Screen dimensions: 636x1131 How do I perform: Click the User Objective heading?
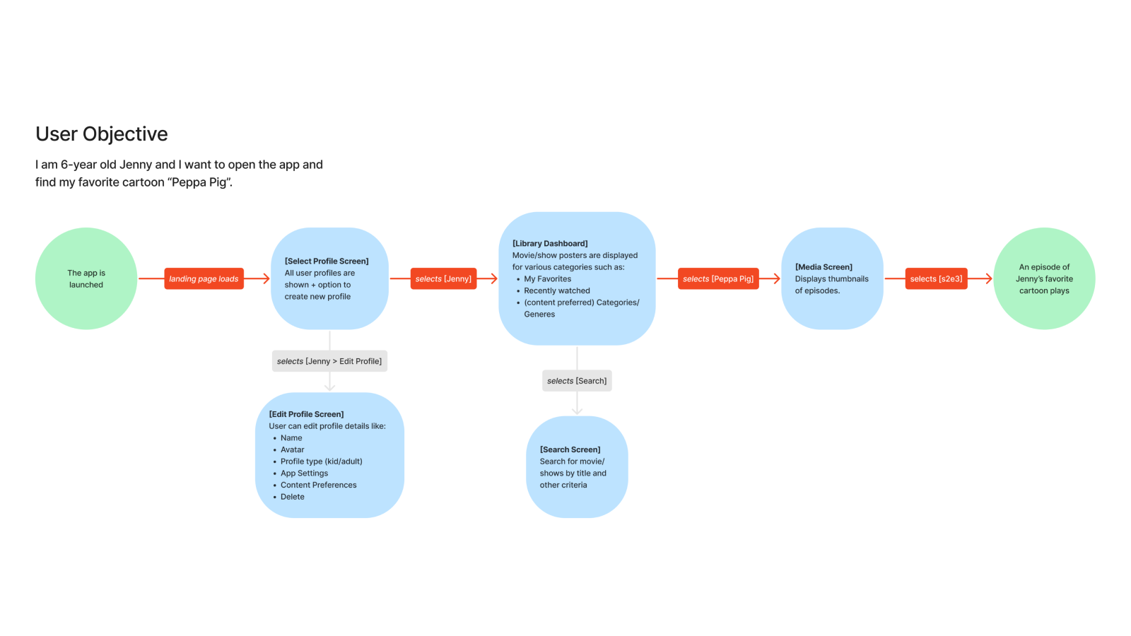pyautogui.click(x=102, y=134)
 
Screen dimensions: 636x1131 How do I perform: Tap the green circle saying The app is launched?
pyautogui.click(x=86, y=278)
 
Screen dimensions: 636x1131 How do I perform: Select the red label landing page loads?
pyautogui.click(x=204, y=278)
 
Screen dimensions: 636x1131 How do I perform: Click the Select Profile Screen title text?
pyautogui.click(x=327, y=261)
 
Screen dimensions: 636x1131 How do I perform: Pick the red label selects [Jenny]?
pyautogui.click(x=443, y=278)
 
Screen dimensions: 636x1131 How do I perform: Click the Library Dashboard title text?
pyautogui.click(x=550, y=244)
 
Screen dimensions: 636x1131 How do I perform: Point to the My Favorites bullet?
pyautogui.click(x=547, y=279)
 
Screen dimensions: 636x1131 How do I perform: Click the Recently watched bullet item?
pyautogui.click(x=556, y=290)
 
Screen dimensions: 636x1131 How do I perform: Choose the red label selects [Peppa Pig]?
pyautogui.click(x=718, y=278)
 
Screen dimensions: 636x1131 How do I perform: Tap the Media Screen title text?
pyautogui.click(x=824, y=267)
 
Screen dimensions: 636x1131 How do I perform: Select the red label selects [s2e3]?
pyautogui.click(x=936, y=278)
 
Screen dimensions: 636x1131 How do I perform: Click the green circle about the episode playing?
pyautogui.click(x=1044, y=278)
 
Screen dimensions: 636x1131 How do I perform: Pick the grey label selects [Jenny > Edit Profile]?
pyautogui.click(x=329, y=361)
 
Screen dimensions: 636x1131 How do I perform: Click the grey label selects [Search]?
pyautogui.click(x=577, y=381)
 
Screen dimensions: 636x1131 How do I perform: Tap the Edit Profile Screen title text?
pyautogui.click(x=306, y=414)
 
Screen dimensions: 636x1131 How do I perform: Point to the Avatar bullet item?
pyautogui.click(x=292, y=449)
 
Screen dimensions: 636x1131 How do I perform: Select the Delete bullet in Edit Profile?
pyautogui.click(x=292, y=497)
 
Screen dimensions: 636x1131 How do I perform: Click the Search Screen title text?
pyautogui.click(x=570, y=449)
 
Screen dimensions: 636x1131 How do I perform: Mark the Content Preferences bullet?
pyautogui.click(x=318, y=485)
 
